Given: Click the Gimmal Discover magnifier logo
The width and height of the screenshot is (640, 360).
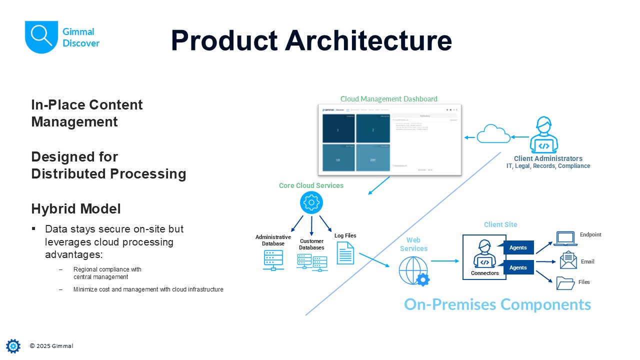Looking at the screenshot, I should pyautogui.click(x=41, y=36).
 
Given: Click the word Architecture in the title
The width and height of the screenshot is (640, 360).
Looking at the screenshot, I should pyautogui.click(x=368, y=40).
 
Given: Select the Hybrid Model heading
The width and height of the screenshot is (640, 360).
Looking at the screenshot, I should pyautogui.click(x=75, y=208).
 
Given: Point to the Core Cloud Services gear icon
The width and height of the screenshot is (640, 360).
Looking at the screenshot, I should pyautogui.click(x=311, y=203).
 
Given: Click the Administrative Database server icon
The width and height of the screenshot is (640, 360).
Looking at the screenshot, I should pyautogui.click(x=273, y=260).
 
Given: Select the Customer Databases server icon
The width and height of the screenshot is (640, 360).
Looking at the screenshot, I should pyautogui.click(x=312, y=262).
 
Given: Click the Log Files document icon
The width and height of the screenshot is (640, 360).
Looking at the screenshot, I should pyautogui.click(x=345, y=253).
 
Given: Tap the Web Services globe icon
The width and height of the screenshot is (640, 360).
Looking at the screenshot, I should pyautogui.click(x=413, y=271).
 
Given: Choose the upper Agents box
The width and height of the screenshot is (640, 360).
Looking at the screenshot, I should pyautogui.click(x=518, y=247).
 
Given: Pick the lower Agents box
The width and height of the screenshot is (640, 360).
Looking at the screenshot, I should pyautogui.click(x=518, y=267).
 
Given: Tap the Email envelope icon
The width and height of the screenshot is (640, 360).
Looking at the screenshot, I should pyautogui.click(x=568, y=260).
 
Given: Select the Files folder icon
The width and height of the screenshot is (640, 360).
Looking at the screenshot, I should pyautogui.click(x=565, y=283).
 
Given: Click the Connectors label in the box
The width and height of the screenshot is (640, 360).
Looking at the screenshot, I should pyautogui.click(x=484, y=273).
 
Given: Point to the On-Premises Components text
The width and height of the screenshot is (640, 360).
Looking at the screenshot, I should pyautogui.click(x=497, y=304).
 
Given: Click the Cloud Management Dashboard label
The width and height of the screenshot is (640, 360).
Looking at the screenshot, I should pyautogui.click(x=388, y=99).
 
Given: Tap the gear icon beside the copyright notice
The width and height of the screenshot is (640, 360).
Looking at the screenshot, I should pyautogui.click(x=13, y=346).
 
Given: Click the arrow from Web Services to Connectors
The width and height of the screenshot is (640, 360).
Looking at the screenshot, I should pyautogui.click(x=444, y=260).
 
